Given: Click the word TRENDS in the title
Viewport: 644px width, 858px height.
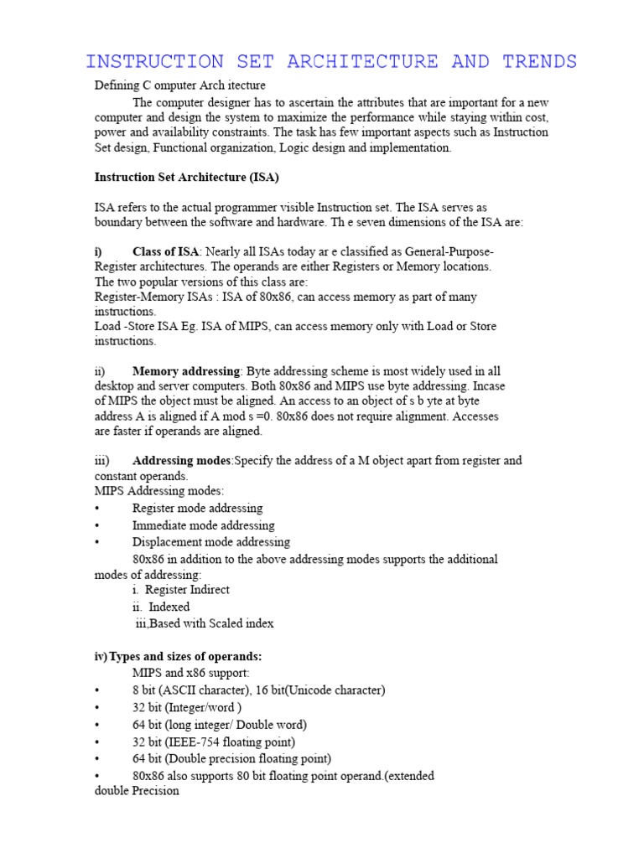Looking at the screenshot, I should pos(540,62).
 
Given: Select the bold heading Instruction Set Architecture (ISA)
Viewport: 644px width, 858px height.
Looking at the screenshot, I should pos(187,178).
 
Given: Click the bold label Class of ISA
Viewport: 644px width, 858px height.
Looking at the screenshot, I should pos(166,252).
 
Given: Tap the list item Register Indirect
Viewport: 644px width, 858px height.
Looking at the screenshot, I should pos(187,590).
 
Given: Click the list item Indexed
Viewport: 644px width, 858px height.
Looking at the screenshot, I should pos(169,607).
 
